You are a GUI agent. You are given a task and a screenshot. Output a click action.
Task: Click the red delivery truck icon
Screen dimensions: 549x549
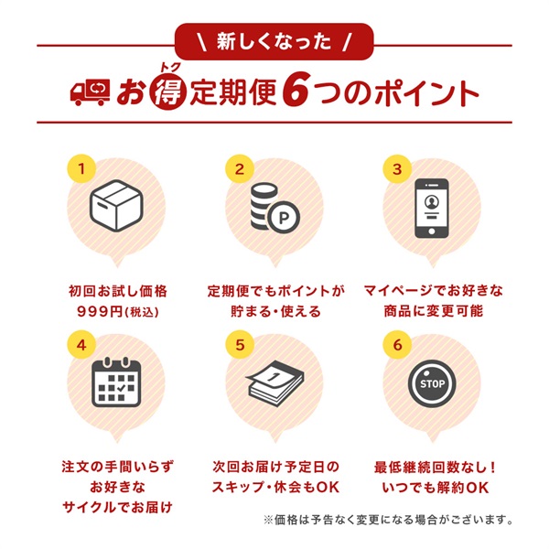(91, 92)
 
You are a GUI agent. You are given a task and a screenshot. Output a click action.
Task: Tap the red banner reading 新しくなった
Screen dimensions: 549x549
(274, 42)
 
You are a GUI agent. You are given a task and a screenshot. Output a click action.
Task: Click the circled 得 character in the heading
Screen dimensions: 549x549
(168, 92)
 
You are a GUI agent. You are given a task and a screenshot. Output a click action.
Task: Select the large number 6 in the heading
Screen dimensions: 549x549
(296, 91)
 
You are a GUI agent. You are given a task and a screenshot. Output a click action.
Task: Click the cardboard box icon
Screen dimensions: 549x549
(116, 206)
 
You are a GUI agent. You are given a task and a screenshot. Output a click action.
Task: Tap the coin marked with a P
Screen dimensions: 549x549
(284, 218)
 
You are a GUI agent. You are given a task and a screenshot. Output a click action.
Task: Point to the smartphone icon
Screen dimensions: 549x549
(431, 209)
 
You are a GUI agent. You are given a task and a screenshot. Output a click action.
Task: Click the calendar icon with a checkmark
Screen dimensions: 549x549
(116, 382)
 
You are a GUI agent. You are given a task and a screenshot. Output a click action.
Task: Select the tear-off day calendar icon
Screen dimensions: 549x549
(275, 382)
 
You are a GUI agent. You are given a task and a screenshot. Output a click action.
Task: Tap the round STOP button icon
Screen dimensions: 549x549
(432, 383)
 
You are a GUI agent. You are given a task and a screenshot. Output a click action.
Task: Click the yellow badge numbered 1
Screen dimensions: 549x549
(81, 168)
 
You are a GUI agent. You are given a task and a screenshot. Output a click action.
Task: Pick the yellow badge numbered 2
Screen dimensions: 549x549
(240, 168)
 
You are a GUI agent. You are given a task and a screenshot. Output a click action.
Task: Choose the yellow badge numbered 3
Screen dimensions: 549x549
(397, 168)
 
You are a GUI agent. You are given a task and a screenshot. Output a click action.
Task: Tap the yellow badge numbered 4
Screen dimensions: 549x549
(81, 345)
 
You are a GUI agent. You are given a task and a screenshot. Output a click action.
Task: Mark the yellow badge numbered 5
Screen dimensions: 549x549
(240, 345)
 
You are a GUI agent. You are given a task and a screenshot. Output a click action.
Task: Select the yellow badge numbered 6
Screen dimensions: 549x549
(397, 345)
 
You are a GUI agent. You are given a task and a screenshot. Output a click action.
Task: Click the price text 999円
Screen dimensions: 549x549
(100, 311)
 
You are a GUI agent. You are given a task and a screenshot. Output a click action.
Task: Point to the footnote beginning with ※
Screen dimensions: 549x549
(388, 520)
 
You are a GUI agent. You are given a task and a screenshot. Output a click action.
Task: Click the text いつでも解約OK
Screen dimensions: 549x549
(436, 487)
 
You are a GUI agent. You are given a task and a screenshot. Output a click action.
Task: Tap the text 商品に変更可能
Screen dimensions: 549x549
(434, 310)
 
